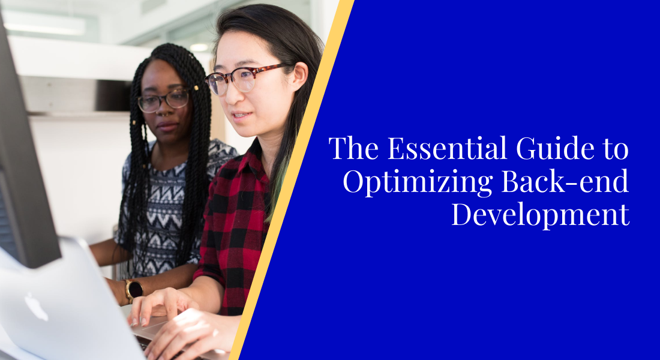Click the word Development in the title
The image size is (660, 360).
coord(540,215)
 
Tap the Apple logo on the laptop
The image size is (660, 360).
coord(36,306)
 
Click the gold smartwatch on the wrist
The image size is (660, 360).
coord(133,290)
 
